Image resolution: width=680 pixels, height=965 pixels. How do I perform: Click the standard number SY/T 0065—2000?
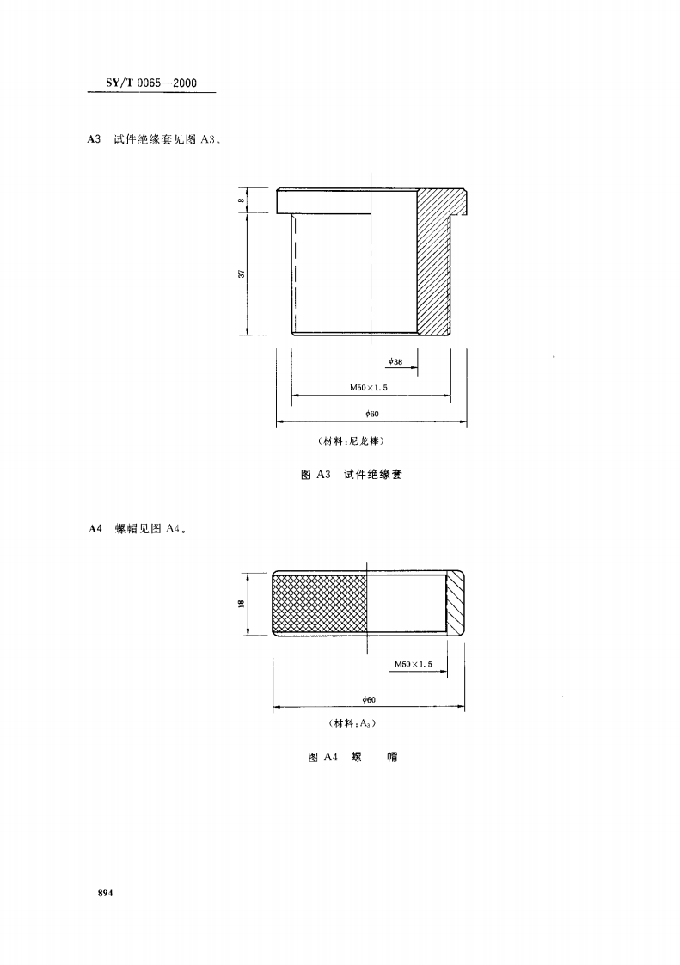point(150,83)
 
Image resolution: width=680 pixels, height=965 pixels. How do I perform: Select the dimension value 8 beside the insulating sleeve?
point(242,201)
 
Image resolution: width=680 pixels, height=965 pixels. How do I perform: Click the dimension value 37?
point(242,273)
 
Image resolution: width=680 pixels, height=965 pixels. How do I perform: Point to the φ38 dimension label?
point(395,361)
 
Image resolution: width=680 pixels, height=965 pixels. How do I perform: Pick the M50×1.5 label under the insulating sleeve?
point(368,388)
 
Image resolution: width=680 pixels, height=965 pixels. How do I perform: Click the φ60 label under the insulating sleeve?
point(372,415)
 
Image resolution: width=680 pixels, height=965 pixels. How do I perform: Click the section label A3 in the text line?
point(95,140)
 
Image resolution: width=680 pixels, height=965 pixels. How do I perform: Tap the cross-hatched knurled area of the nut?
point(320,604)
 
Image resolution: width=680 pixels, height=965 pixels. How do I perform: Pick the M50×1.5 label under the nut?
point(413,664)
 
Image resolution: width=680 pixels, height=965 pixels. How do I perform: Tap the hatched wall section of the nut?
point(454,604)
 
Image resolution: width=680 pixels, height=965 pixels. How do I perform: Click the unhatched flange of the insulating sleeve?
point(323,201)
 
